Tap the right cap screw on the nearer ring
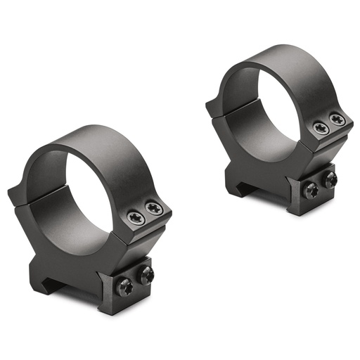(153, 209)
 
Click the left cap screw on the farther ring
(321, 129)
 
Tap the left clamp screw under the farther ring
(310, 189)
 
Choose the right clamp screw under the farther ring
(329, 180)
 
